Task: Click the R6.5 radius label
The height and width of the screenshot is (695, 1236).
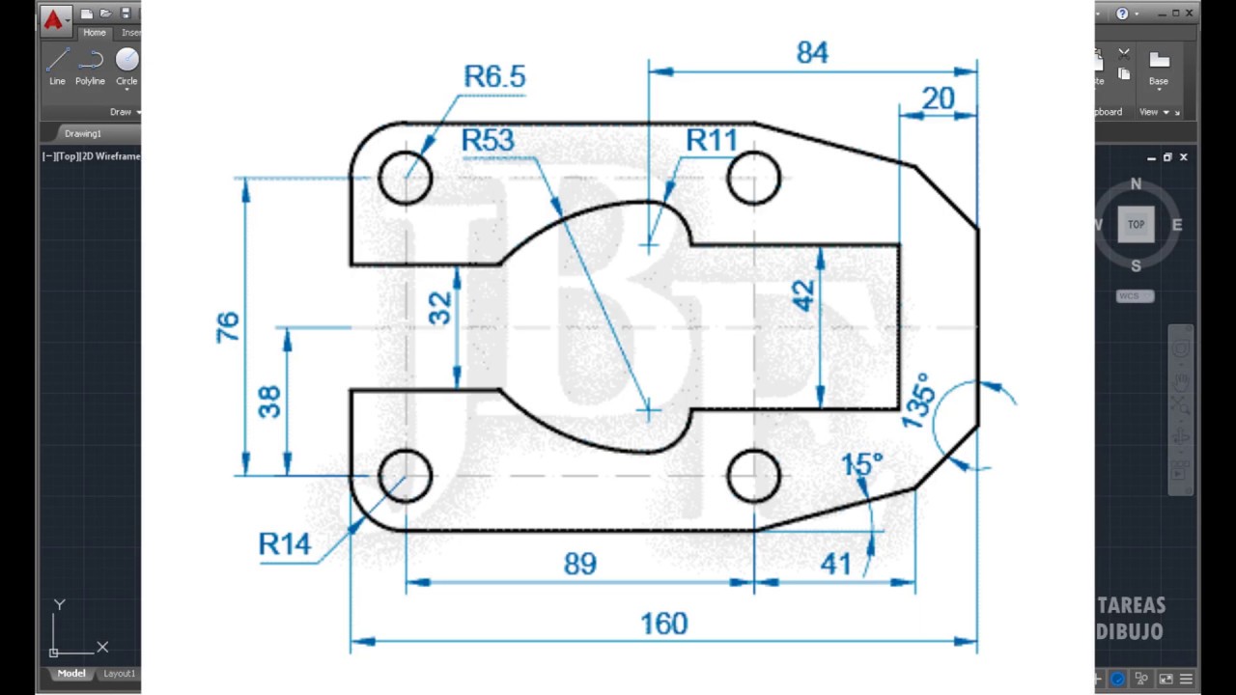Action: tap(494, 76)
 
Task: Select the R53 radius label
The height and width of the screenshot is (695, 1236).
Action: tap(488, 141)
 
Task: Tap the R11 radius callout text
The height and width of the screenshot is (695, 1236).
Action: tap(712, 141)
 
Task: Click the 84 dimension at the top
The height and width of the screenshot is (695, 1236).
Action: tap(812, 53)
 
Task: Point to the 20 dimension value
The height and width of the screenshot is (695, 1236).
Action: tap(938, 98)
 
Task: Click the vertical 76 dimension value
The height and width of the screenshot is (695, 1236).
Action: tap(227, 327)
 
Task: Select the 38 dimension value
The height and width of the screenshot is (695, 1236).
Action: tap(269, 401)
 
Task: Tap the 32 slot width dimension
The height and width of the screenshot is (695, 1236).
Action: tap(439, 308)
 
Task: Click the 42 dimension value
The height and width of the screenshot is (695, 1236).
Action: tap(803, 295)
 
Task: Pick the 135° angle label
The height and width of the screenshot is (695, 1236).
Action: tap(918, 400)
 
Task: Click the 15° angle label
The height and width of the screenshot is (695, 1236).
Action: tap(861, 465)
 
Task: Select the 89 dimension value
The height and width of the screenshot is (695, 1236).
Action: tap(579, 565)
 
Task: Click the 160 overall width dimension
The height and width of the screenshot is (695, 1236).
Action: tap(663, 625)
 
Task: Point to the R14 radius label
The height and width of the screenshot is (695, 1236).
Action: tap(285, 544)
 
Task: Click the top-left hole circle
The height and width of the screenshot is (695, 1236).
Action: tap(406, 178)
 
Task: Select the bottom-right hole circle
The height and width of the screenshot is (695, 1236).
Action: tap(753, 476)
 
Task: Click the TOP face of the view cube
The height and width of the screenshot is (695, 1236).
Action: tap(1136, 224)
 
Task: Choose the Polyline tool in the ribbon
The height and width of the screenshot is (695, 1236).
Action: tap(90, 66)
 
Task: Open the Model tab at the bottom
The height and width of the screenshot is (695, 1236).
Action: tap(70, 674)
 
